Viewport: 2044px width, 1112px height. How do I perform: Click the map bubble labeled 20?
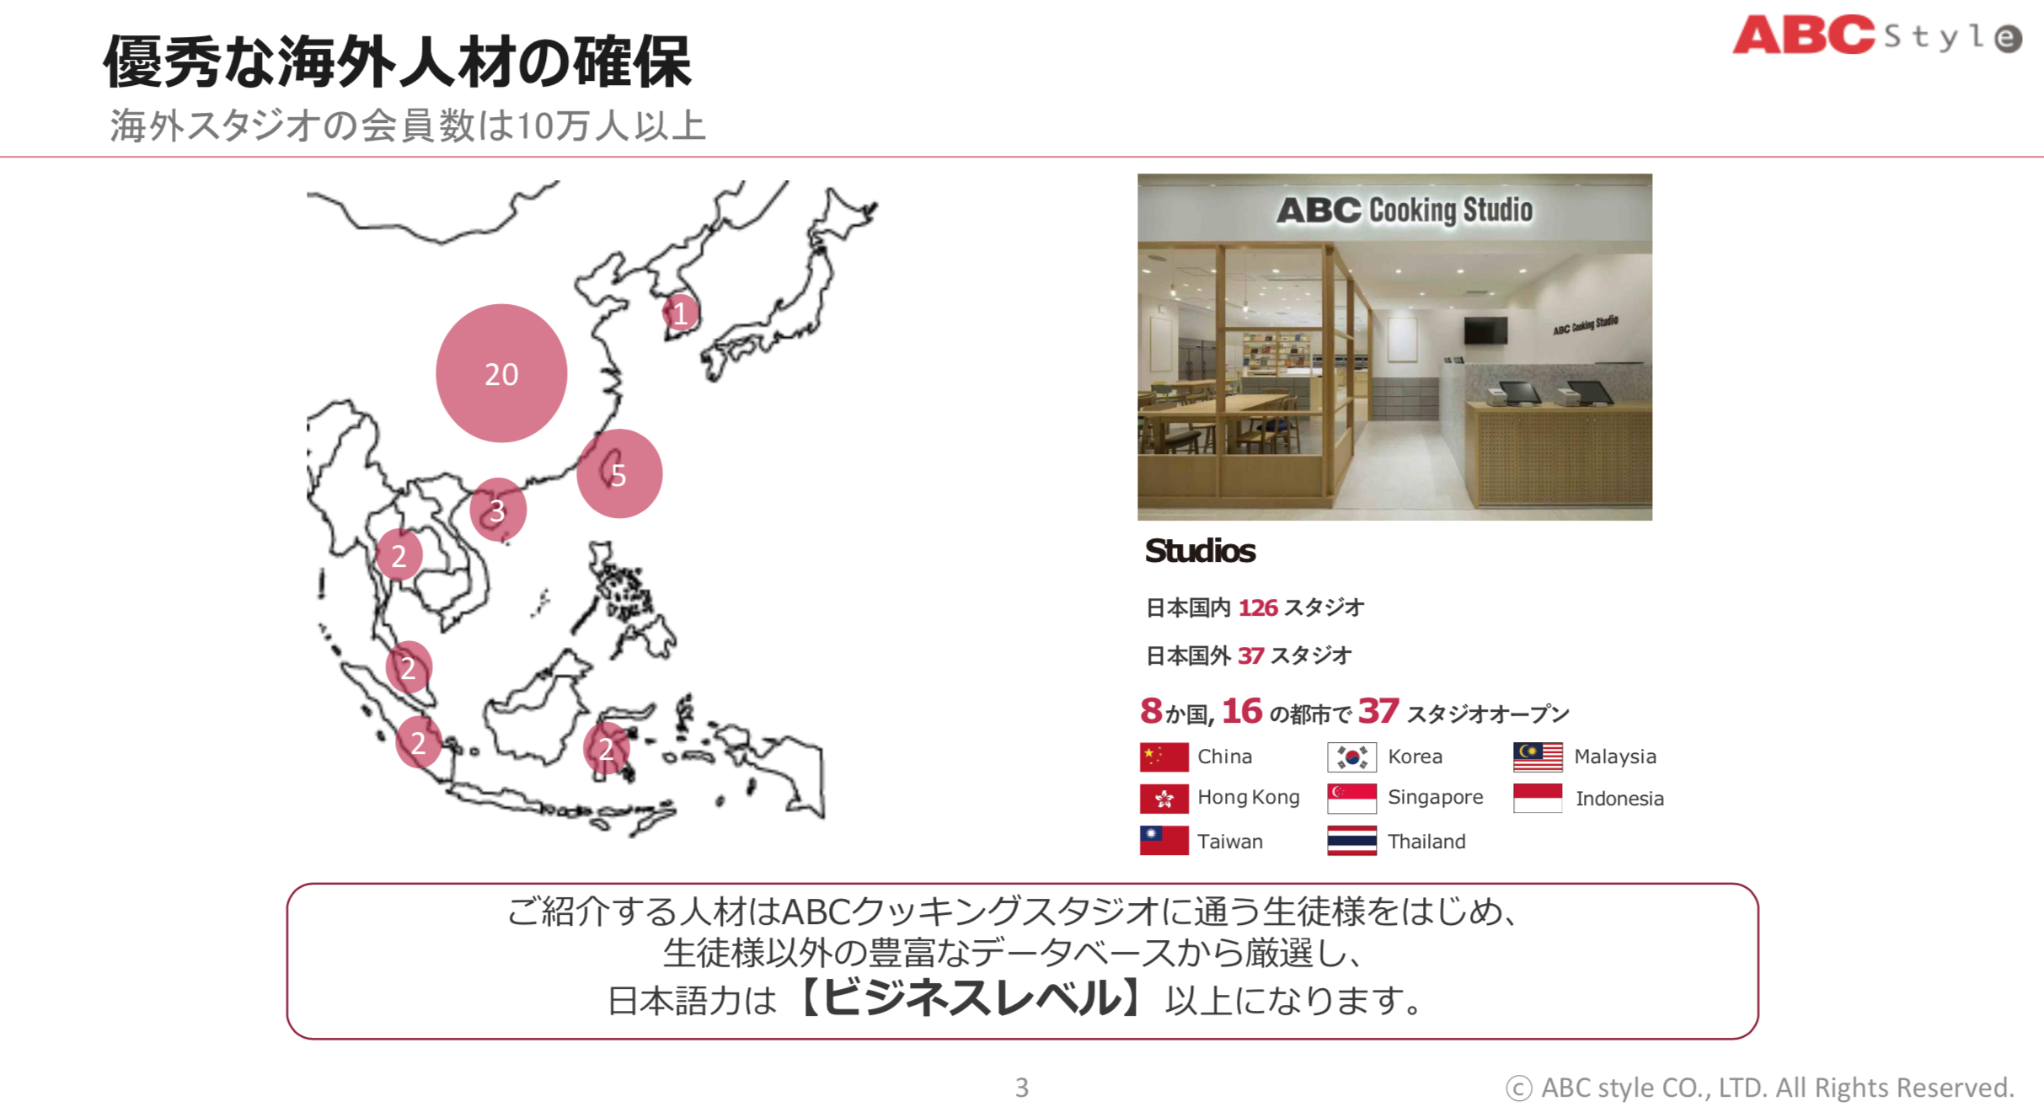[x=501, y=373]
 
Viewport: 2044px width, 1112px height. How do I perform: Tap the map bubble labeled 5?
[x=619, y=473]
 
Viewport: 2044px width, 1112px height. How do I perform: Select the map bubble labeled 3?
[x=498, y=510]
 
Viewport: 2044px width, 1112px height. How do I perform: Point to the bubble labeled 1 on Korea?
[x=680, y=313]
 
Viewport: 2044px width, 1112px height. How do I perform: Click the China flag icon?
[x=1164, y=756]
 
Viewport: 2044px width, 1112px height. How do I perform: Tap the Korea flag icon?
[x=1351, y=756]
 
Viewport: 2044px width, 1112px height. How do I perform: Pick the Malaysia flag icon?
[x=1538, y=756]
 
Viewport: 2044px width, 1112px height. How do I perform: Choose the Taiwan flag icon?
[x=1164, y=840]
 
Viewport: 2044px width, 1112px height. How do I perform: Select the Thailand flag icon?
[x=1351, y=840]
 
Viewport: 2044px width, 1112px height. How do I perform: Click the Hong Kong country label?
[x=1248, y=797]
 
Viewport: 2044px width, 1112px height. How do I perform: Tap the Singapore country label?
[x=1435, y=797]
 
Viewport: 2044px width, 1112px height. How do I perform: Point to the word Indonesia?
[x=1619, y=799]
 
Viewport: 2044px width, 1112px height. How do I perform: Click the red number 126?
[x=1258, y=607]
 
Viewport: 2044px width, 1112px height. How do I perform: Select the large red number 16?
[x=1242, y=712]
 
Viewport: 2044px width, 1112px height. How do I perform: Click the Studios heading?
[x=1200, y=551]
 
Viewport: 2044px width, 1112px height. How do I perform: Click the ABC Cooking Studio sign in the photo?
[x=1405, y=210]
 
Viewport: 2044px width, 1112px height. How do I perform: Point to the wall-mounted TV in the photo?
[x=1485, y=330]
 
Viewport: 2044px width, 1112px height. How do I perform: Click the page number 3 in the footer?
[x=1022, y=1088]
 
